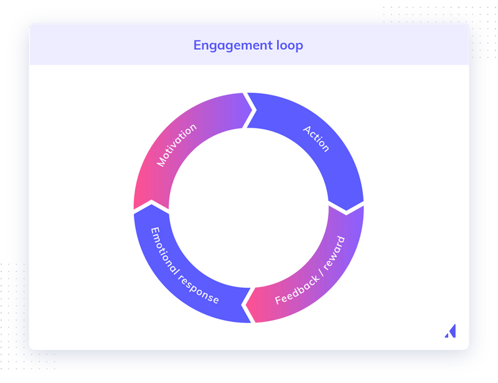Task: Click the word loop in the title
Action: click(285, 45)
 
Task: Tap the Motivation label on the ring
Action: click(177, 145)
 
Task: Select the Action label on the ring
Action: click(316, 139)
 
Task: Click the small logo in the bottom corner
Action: click(450, 331)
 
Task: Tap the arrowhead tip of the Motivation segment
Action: click(255, 110)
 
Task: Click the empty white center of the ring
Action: click(249, 207)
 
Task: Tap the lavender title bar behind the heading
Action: click(374, 45)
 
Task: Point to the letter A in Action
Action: click(307, 130)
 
